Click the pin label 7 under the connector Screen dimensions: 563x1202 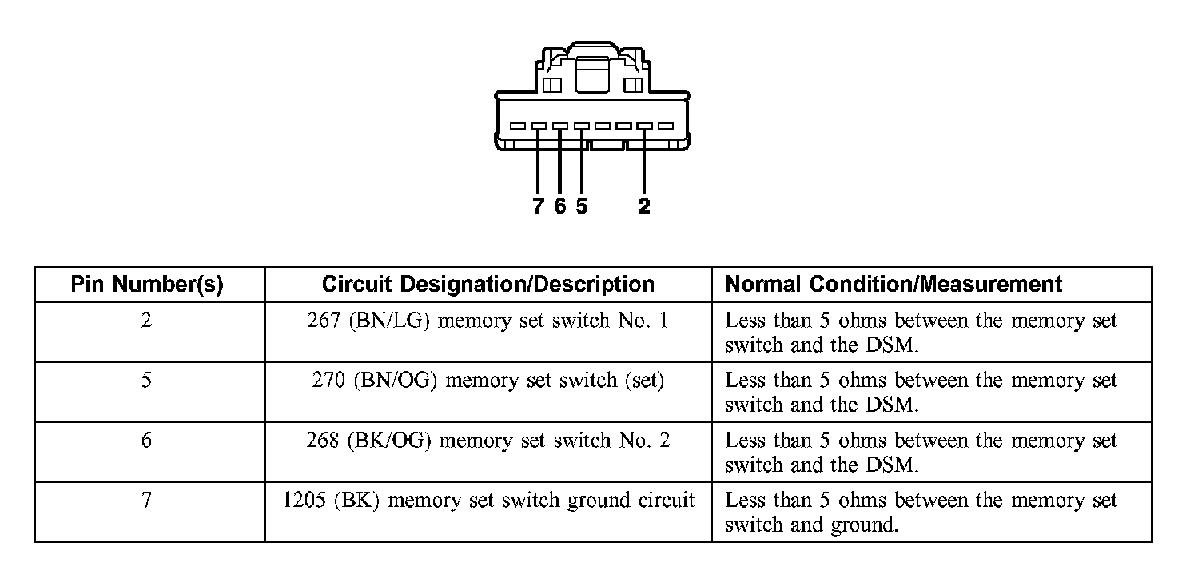(538, 206)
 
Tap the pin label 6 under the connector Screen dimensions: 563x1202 (559, 206)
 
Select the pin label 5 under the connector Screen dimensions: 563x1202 (581, 206)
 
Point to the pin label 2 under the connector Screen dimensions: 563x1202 (644, 206)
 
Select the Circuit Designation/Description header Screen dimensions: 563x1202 (488, 284)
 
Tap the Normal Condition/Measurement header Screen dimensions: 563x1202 (894, 284)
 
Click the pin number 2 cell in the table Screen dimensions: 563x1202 (146, 321)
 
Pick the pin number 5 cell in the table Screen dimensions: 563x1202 (146, 381)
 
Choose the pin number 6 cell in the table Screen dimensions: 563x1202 (146, 441)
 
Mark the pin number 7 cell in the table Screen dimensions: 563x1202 (146, 501)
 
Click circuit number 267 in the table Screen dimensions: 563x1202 (323, 321)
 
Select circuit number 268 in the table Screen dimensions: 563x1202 (323, 441)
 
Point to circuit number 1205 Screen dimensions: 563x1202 (304, 501)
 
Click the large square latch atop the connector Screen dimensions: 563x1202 (592, 76)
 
